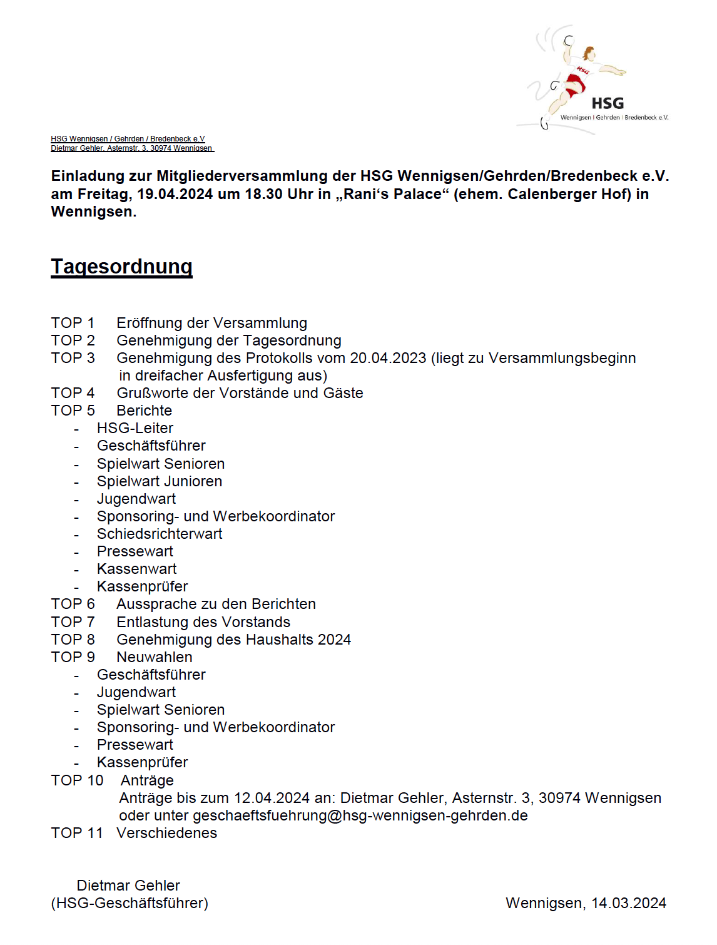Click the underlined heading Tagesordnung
point(121,267)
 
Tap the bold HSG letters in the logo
point(608,103)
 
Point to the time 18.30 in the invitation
point(264,194)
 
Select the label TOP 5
point(73,411)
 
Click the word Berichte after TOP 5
point(144,411)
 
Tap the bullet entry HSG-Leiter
point(135,428)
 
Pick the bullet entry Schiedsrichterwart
point(160,534)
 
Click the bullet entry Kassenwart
point(136,569)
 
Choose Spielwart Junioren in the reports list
point(160,481)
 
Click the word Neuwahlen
point(155,657)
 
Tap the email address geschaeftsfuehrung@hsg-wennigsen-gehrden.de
point(360,815)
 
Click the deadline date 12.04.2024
point(272,798)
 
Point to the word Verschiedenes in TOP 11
point(167,833)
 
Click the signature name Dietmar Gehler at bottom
point(128,886)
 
